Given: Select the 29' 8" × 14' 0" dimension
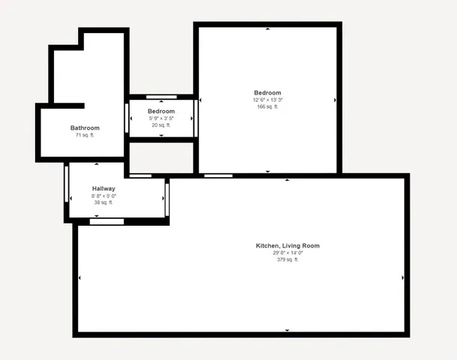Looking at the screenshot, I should [288, 253].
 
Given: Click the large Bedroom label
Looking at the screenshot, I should [268, 93].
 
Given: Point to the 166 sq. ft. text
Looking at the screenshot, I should [268, 106].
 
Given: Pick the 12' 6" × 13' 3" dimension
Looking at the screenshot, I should [268, 100].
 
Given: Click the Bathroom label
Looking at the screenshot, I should [85, 128].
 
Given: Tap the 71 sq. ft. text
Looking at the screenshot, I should [85, 136].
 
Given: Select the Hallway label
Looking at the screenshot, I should [104, 188].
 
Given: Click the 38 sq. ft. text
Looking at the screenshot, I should [104, 202].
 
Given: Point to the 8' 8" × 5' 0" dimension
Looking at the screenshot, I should [104, 196].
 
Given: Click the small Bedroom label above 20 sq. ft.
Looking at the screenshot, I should [161, 111].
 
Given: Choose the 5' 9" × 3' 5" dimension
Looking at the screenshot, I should [161, 118].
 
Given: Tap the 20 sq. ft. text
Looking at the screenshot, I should [161, 125].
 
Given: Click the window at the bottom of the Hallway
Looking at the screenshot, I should [107, 221].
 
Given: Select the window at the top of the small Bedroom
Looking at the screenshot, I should [161, 97].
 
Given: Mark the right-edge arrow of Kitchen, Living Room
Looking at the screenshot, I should [403, 277].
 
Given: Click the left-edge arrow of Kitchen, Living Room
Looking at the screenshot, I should [79, 277].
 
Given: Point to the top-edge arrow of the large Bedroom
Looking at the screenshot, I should [268, 28].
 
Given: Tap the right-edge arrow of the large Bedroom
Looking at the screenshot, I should [335, 100].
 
